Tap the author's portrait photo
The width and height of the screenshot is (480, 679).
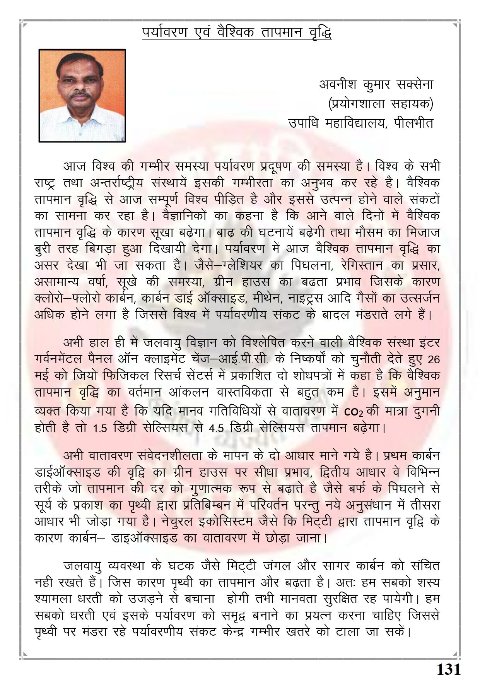(x=82, y=95)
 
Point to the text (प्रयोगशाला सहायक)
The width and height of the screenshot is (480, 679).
(x=380, y=103)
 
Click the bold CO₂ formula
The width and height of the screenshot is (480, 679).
(x=350, y=412)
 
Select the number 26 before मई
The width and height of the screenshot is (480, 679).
(x=434, y=359)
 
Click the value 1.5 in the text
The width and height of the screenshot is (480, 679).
(x=102, y=429)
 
